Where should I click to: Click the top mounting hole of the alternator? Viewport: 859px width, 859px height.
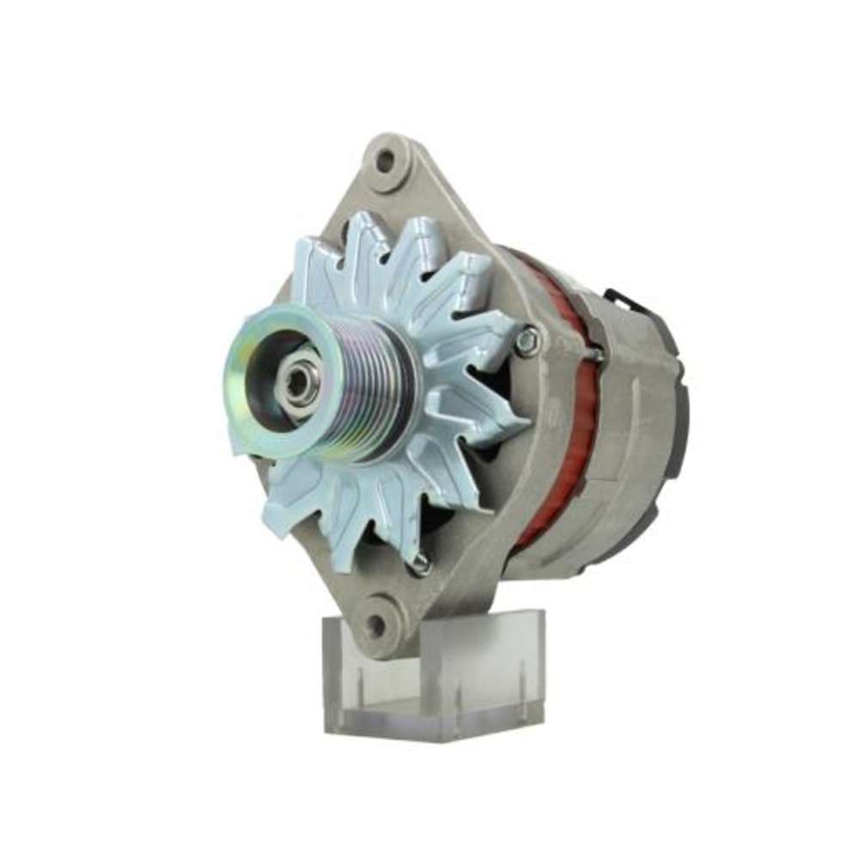[386, 160]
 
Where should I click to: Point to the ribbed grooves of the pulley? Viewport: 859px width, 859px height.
[378, 386]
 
